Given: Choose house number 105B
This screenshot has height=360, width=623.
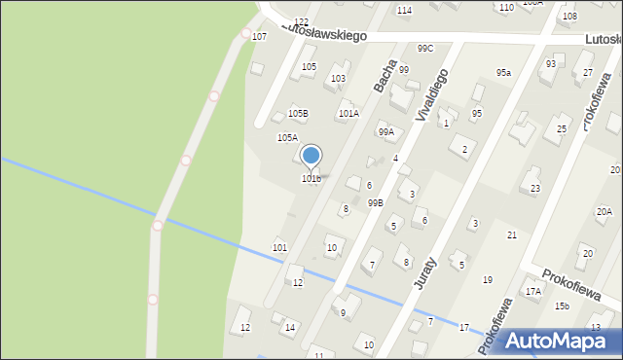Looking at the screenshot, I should [297, 114].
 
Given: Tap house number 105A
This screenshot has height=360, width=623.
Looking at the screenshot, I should [287, 138].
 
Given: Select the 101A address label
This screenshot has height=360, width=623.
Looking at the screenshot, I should [348, 113].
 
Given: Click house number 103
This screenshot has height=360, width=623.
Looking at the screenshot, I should [339, 78].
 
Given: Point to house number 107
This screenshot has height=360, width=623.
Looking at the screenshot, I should [259, 36].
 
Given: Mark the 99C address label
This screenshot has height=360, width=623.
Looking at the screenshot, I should [425, 49].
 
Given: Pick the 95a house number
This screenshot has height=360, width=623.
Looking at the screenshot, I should [503, 73].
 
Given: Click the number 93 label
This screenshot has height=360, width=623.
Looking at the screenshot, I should [551, 64].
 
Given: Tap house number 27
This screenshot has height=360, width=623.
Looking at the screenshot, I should [588, 72].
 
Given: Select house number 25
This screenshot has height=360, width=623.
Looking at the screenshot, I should [562, 129].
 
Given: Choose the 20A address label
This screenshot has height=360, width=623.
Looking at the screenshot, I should [604, 211].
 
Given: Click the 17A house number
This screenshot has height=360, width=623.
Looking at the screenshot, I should [533, 291].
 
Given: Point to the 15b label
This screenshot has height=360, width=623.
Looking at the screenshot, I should [563, 306].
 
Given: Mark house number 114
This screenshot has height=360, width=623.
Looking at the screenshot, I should [404, 10].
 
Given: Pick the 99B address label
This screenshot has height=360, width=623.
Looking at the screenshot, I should [375, 202].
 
